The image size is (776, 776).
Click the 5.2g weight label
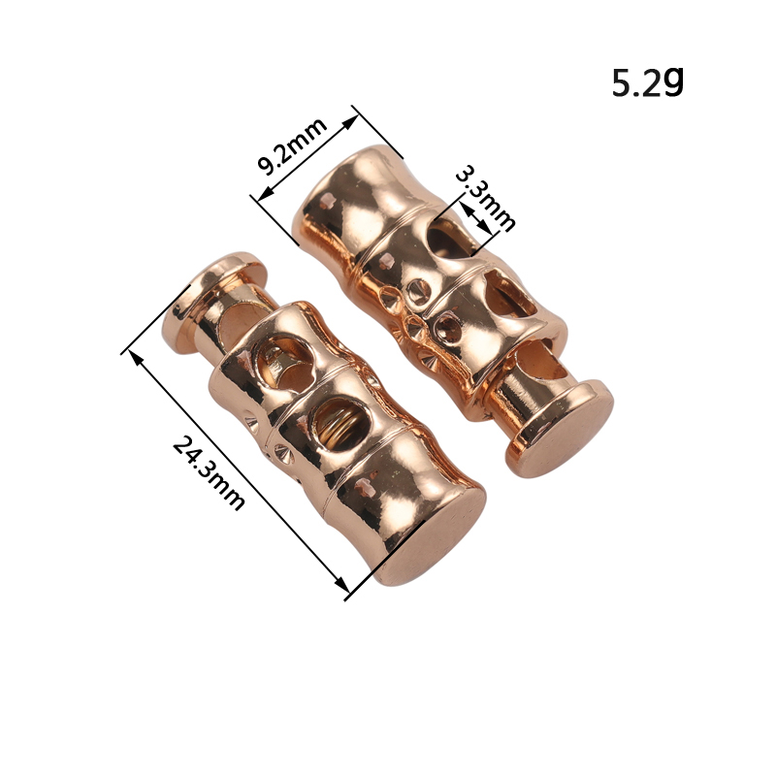(x=648, y=82)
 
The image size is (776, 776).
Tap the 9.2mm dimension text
(x=293, y=146)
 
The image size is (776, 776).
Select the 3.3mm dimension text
(x=486, y=198)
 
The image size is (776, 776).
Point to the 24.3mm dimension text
(x=209, y=472)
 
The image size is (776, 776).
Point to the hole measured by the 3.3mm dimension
(x=448, y=239)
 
